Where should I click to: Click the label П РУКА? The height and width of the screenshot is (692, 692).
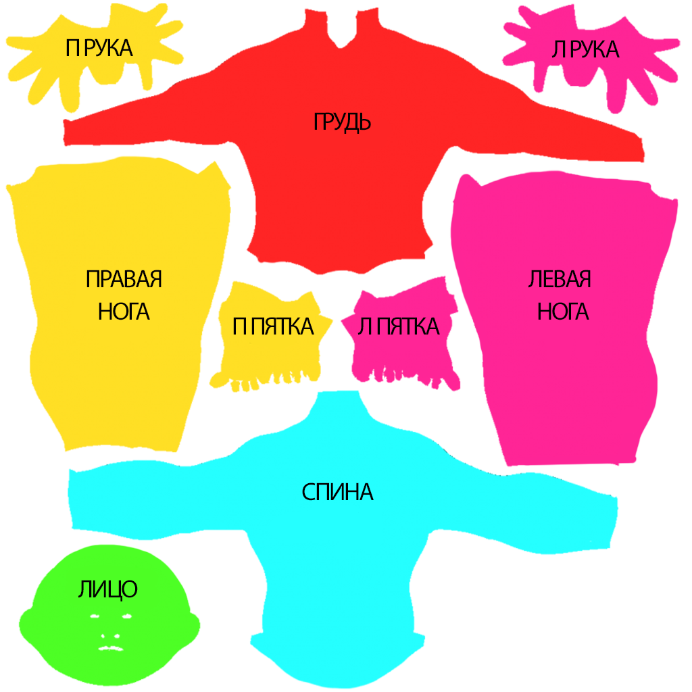pyautogui.click(x=99, y=48)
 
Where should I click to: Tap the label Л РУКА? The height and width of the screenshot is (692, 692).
pyautogui.click(x=585, y=49)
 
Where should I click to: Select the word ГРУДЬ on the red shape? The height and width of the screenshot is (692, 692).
pyautogui.click(x=342, y=122)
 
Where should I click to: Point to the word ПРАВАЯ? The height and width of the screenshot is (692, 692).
pyautogui.click(x=124, y=279)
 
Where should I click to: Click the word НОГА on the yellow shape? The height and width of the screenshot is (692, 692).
pyautogui.click(x=124, y=312)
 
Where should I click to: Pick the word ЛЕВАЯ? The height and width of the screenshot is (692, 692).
pyautogui.click(x=560, y=279)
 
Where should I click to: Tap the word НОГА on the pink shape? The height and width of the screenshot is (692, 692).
pyautogui.click(x=563, y=312)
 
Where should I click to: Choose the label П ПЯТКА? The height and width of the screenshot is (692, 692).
pyautogui.click(x=273, y=326)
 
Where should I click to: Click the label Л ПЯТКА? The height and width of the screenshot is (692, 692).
pyautogui.click(x=399, y=326)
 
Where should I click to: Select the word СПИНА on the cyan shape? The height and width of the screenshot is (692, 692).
pyautogui.click(x=338, y=492)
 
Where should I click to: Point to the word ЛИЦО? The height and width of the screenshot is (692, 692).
pyautogui.click(x=108, y=589)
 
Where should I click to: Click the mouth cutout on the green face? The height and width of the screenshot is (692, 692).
pyautogui.click(x=111, y=648)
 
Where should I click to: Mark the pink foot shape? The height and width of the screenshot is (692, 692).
pyautogui.click(x=401, y=335)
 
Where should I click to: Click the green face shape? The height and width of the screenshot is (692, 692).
pyautogui.click(x=109, y=616)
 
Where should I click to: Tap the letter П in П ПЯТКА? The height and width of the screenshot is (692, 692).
pyautogui.click(x=240, y=326)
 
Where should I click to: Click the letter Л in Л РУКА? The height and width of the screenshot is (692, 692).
pyautogui.click(x=558, y=50)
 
